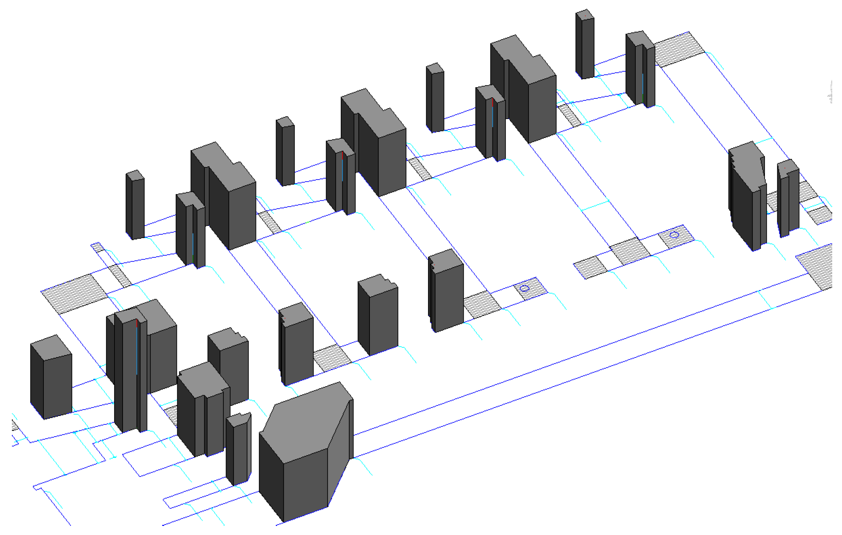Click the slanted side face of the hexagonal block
pyautogui.click(x=338, y=452)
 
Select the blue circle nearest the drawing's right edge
pyautogui.click(x=674, y=235)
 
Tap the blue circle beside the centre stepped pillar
pyautogui.click(x=524, y=288)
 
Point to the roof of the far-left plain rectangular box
pyautogui.click(x=51, y=347)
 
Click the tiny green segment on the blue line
pyautogui.click(x=307, y=222)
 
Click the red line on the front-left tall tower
pyautogui.click(x=137, y=323)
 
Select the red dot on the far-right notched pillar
pyautogui.click(x=785, y=168)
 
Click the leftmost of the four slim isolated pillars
pyautogui.click(x=135, y=207)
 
